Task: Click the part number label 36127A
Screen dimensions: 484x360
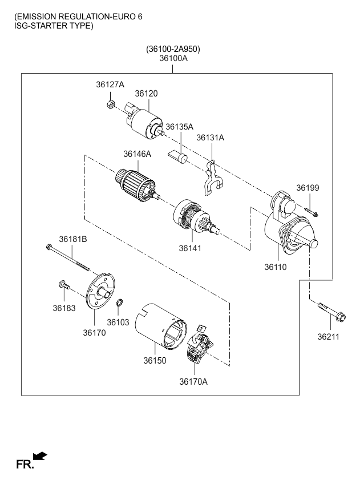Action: (x=110, y=84)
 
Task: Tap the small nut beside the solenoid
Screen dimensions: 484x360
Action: (x=112, y=104)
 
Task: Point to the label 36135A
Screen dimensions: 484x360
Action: (x=180, y=127)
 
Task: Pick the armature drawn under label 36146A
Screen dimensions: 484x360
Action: (x=136, y=185)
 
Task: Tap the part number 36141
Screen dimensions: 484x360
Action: (x=190, y=248)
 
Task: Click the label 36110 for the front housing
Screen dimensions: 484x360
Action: (x=276, y=267)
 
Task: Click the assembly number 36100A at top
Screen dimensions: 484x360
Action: (x=173, y=58)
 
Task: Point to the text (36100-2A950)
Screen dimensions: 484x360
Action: (x=173, y=49)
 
